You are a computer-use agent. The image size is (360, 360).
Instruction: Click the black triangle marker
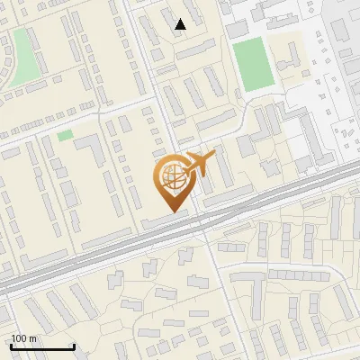pos(181,24)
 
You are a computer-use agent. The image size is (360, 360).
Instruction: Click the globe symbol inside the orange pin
pos(172,180)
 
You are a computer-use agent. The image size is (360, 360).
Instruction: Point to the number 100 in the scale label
pos(19,338)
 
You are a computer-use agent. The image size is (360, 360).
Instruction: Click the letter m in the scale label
pos(33,338)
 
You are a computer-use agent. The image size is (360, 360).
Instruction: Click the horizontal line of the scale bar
pos(41,346)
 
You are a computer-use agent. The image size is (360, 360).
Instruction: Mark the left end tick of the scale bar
pos(10,345)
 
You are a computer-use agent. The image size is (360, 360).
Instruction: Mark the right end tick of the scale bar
pos(74,345)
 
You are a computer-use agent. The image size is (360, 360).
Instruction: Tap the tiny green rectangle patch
pos(65,135)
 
